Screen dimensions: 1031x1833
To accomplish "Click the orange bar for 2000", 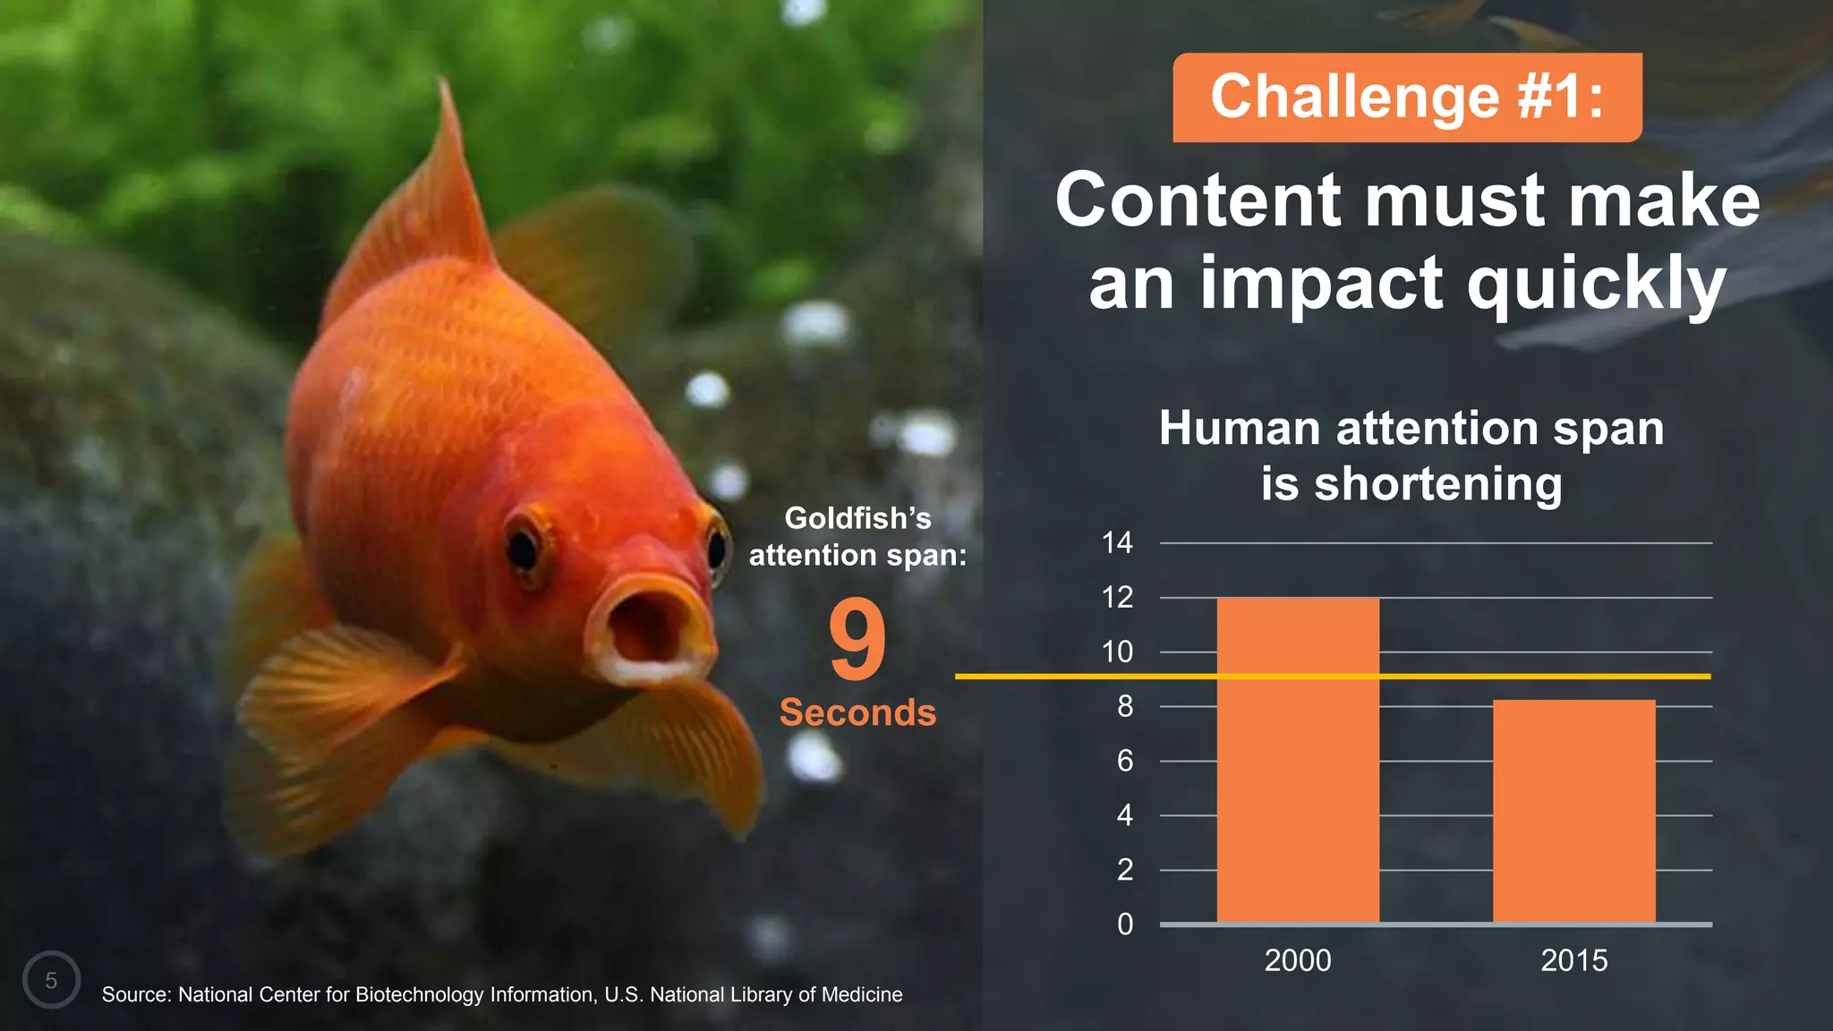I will click(x=1298, y=761).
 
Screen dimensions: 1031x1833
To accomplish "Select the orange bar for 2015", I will click(x=1573, y=810).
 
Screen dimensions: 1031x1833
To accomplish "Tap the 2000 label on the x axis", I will click(x=1298, y=960).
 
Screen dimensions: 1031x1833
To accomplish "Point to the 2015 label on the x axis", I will click(x=1573, y=960).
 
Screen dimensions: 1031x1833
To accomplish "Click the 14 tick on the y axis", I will click(x=1117, y=542).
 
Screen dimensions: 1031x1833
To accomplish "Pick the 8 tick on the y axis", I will click(x=1124, y=707).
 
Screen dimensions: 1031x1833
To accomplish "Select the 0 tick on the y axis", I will click(x=1124, y=924).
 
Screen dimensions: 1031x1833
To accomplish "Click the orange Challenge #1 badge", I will click(x=1407, y=97).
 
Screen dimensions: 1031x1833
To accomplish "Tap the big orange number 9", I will click(x=857, y=639).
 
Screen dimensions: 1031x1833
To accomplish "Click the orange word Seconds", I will click(x=857, y=712).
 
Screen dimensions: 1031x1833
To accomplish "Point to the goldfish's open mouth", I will click(x=646, y=626).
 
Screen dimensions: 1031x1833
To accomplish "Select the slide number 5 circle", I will click(x=51, y=980).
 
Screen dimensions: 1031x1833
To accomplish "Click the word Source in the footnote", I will click(x=135, y=994).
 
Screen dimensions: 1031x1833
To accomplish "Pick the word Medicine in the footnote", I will click(x=862, y=994).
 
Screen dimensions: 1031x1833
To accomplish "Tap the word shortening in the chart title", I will click(x=1437, y=484).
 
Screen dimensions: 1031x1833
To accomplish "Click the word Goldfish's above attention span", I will click(x=857, y=518).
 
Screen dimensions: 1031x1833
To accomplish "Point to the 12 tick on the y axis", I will click(x=1117, y=597).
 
